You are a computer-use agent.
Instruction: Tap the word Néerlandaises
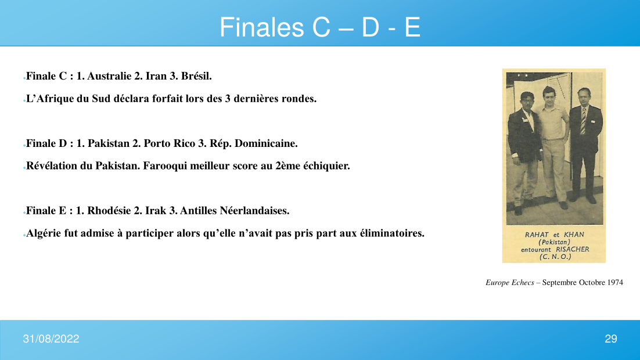pos(254,211)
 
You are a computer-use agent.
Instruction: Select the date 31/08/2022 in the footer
pos(51,339)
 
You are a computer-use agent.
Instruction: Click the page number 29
pos(610,339)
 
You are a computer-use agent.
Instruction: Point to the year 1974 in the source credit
pos(615,282)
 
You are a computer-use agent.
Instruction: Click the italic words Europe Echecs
pos(510,282)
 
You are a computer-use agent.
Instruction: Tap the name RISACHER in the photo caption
pos(573,250)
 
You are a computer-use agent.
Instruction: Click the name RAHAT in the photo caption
pos(537,235)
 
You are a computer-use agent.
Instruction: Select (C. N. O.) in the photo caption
pos(555,257)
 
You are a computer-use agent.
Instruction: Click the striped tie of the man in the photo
pos(583,120)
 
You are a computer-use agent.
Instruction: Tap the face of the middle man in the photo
pos(549,95)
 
